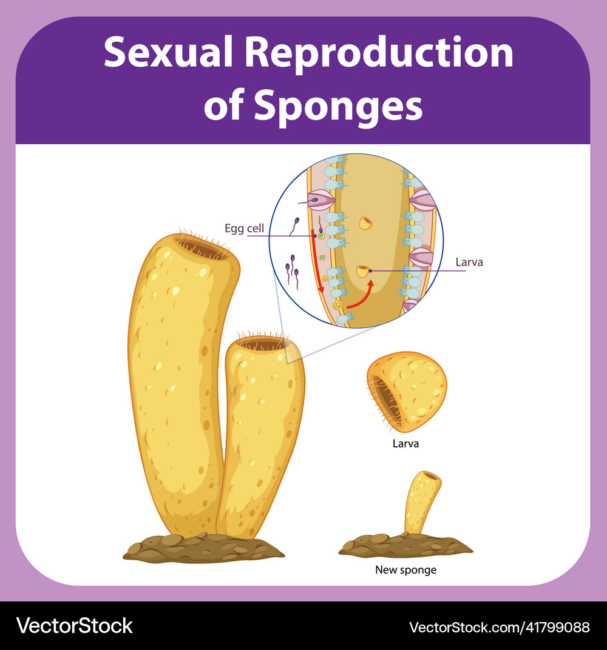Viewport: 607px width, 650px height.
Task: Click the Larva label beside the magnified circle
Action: [x=469, y=263]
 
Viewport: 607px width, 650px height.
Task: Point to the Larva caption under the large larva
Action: [x=405, y=443]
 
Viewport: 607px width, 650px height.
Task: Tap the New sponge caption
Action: [x=405, y=570]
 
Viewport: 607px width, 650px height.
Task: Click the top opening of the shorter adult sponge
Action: [x=263, y=344]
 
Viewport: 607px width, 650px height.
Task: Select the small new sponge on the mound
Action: [x=420, y=500]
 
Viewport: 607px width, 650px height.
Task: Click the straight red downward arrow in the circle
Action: [x=317, y=261]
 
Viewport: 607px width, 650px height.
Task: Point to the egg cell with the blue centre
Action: [x=321, y=236]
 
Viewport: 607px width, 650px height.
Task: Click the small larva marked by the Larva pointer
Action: [x=363, y=271]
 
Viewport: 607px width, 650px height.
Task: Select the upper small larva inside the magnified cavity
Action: [x=365, y=223]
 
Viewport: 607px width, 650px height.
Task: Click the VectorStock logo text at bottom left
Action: [x=75, y=626]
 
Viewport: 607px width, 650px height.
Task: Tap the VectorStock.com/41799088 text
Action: [x=500, y=626]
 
